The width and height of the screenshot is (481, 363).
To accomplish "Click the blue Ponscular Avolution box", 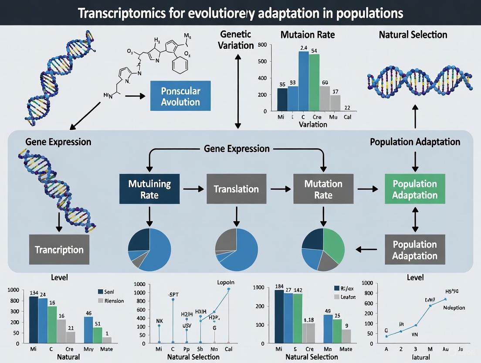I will point(180,96).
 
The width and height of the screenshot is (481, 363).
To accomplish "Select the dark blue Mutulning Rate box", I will point(149,188).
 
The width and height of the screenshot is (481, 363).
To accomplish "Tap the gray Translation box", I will point(236,189).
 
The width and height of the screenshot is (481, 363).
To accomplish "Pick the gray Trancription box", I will point(59,250).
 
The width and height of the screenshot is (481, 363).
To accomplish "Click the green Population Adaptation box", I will point(414,189).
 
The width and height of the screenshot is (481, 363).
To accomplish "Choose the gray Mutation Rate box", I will point(323,188).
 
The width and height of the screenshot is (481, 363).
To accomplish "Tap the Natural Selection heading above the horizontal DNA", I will point(413,34).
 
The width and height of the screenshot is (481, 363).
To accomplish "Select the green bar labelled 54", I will point(314,82).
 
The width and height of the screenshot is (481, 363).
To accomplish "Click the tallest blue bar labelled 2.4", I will point(304,81).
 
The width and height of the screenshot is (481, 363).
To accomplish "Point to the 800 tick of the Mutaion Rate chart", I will point(262,45).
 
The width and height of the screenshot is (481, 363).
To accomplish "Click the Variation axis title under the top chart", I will point(313,124).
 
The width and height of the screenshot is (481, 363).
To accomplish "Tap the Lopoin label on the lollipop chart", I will point(226,282).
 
